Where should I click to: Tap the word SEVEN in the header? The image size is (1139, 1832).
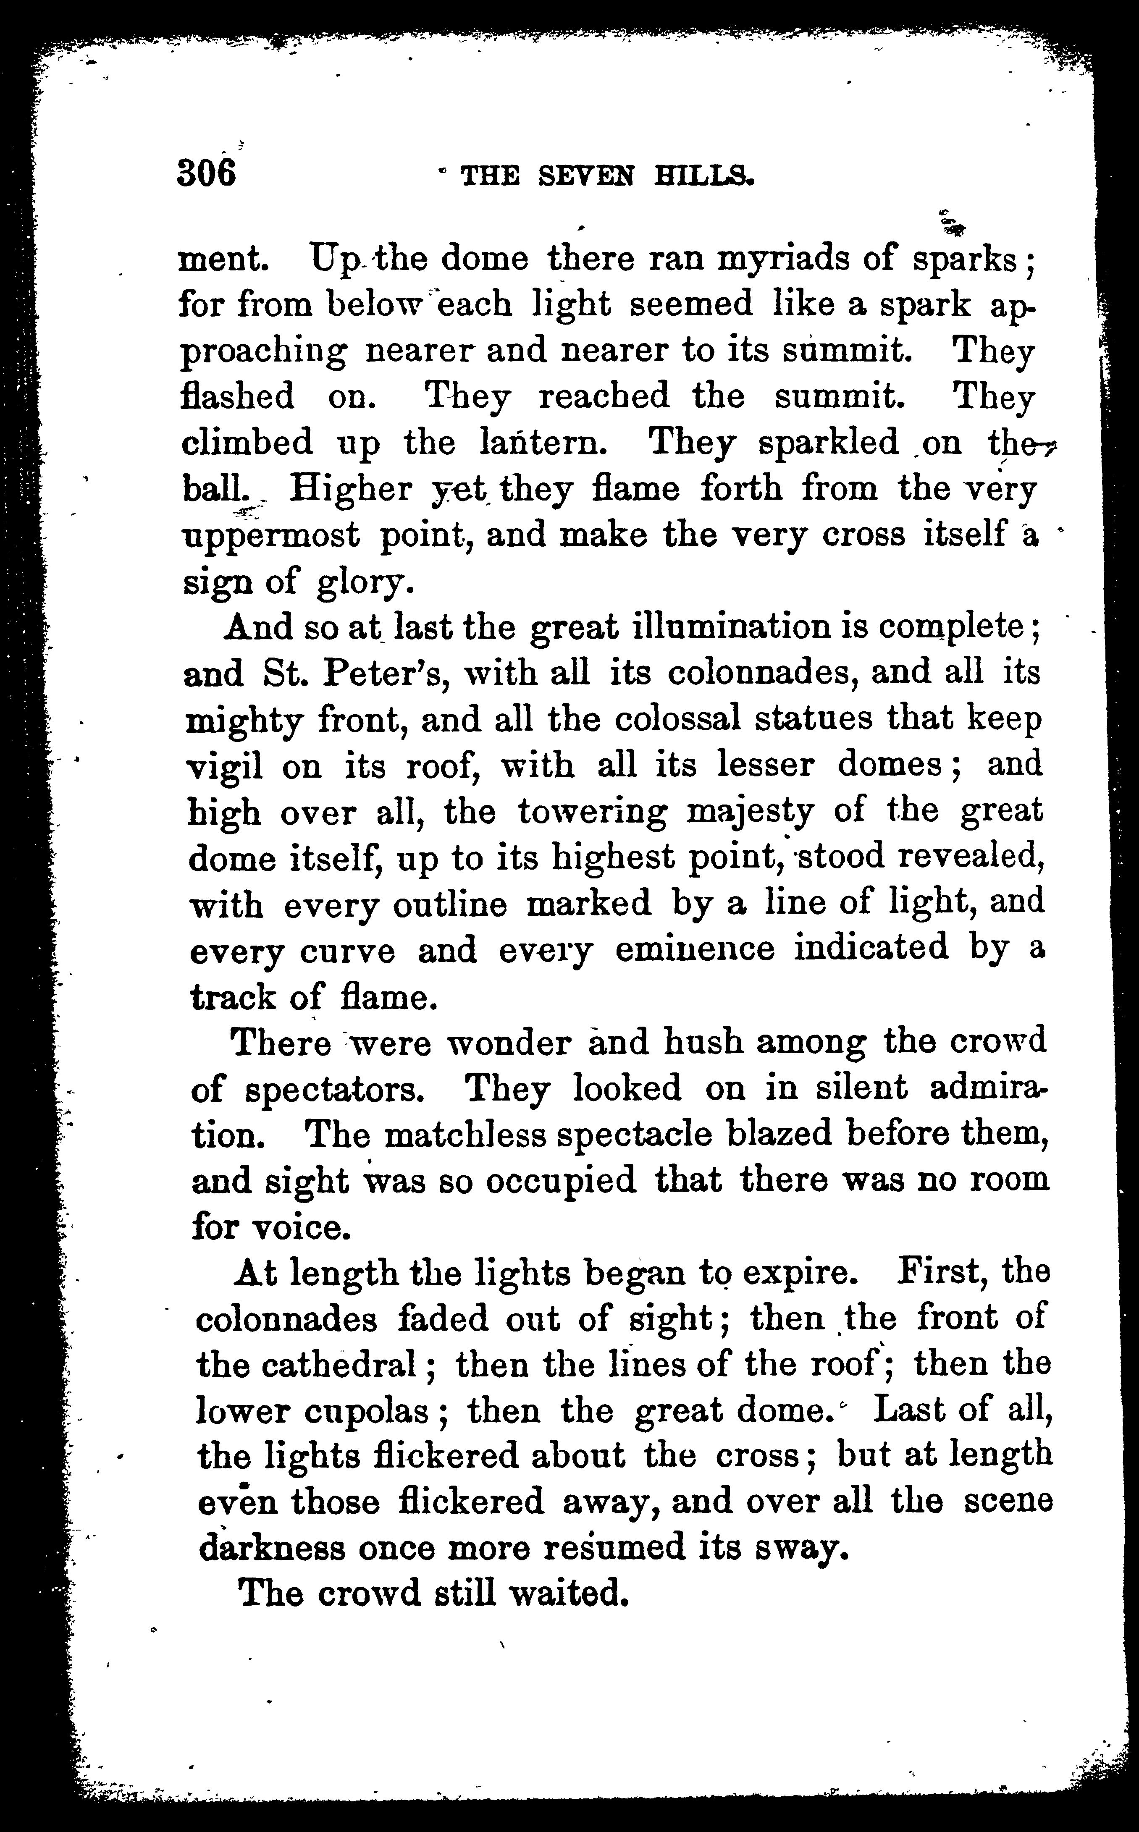586,176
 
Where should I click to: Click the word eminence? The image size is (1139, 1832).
695,949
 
